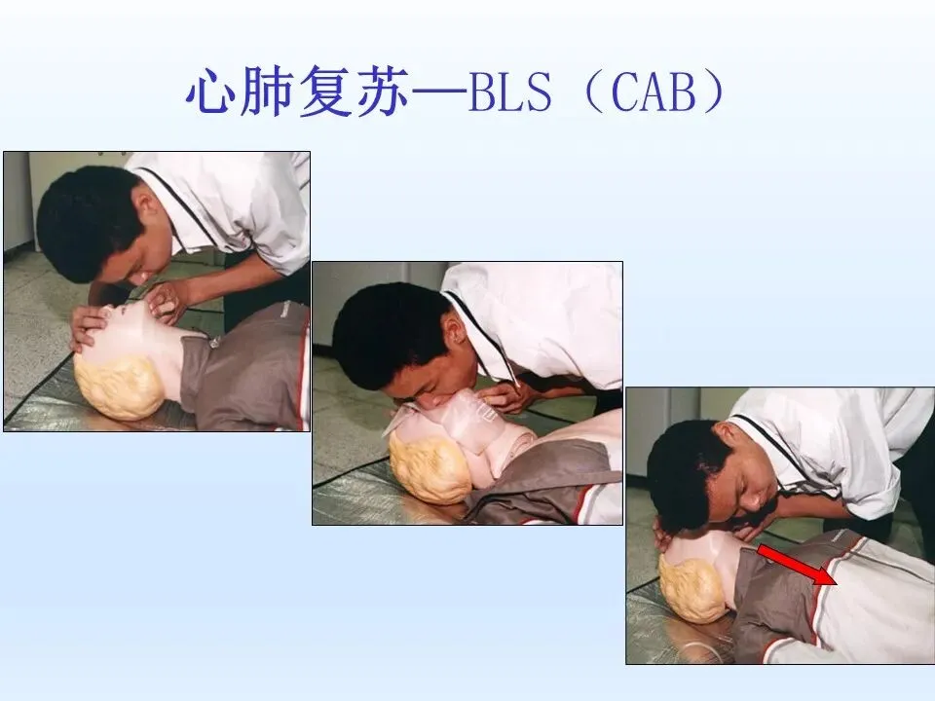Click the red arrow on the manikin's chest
(x=798, y=565)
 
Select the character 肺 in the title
(x=268, y=92)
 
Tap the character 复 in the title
(x=325, y=92)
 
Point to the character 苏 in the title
(x=382, y=92)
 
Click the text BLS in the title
(x=510, y=93)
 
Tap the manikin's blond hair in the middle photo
(x=430, y=467)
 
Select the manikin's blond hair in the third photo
(x=692, y=588)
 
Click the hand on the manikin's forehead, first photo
(x=90, y=327)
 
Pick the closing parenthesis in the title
(x=714, y=92)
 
